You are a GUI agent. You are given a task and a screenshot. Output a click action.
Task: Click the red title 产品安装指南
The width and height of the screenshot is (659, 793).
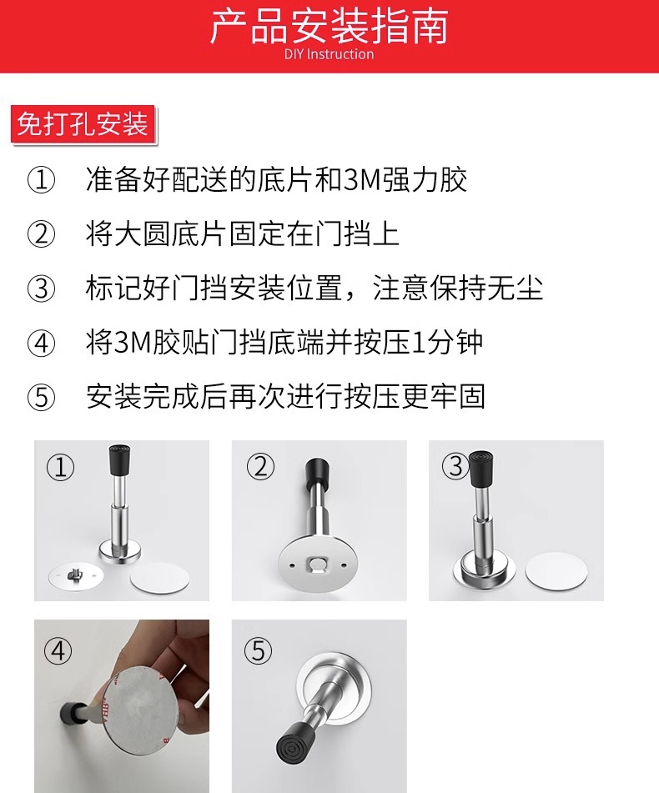click(329, 27)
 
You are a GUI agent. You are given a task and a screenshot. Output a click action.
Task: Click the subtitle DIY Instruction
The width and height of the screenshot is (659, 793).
click(329, 54)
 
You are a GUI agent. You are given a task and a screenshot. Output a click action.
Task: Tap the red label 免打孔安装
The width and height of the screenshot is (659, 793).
click(83, 124)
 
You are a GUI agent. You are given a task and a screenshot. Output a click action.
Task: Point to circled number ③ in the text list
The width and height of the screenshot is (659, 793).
click(41, 289)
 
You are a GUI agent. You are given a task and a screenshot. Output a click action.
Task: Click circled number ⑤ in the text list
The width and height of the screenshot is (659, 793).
click(41, 397)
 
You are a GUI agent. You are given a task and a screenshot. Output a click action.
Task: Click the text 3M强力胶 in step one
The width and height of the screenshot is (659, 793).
click(405, 179)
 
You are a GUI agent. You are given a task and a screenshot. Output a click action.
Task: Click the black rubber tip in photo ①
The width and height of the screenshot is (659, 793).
click(120, 460)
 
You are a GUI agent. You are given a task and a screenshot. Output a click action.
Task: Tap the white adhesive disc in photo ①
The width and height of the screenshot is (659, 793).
click(160, 578)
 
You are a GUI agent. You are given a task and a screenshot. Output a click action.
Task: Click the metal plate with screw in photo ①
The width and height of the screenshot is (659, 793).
click(77, 575)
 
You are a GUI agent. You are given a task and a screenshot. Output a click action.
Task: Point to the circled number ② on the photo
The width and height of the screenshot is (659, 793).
click(260, 466)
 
